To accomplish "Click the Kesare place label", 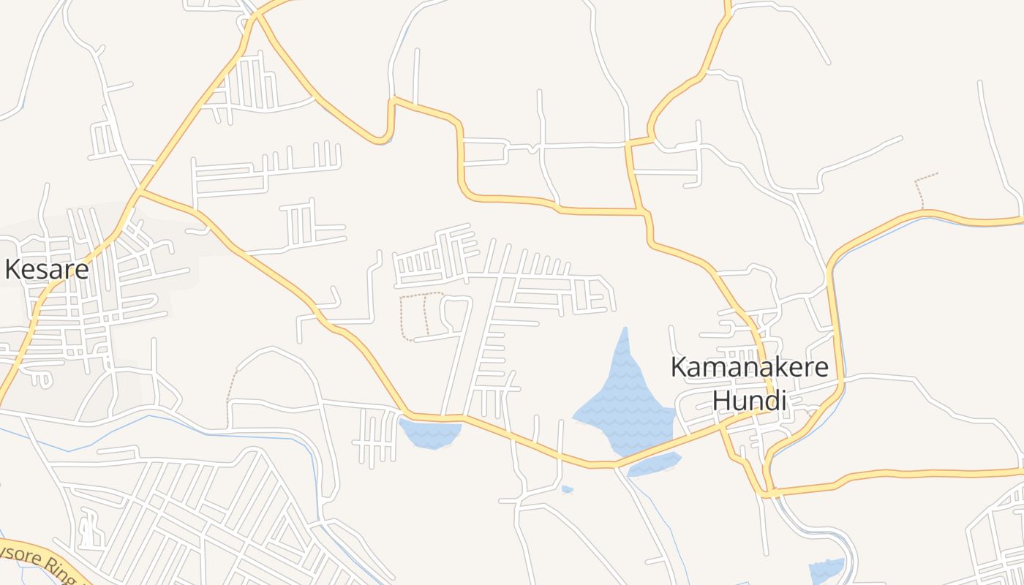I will click(47, 270).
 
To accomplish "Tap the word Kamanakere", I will click(749, 367).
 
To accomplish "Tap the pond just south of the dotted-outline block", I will click(431, 432).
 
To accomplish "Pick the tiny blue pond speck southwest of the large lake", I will click(567, 489).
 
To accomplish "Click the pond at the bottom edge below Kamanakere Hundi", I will click(827, 570).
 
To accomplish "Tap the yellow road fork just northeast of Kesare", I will click(141, 192).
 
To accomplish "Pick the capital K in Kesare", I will click(12, 270).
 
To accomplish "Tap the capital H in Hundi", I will click(721, 401).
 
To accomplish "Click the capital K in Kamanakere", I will click(679, 367).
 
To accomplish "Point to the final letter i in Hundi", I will click(782, 401).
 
